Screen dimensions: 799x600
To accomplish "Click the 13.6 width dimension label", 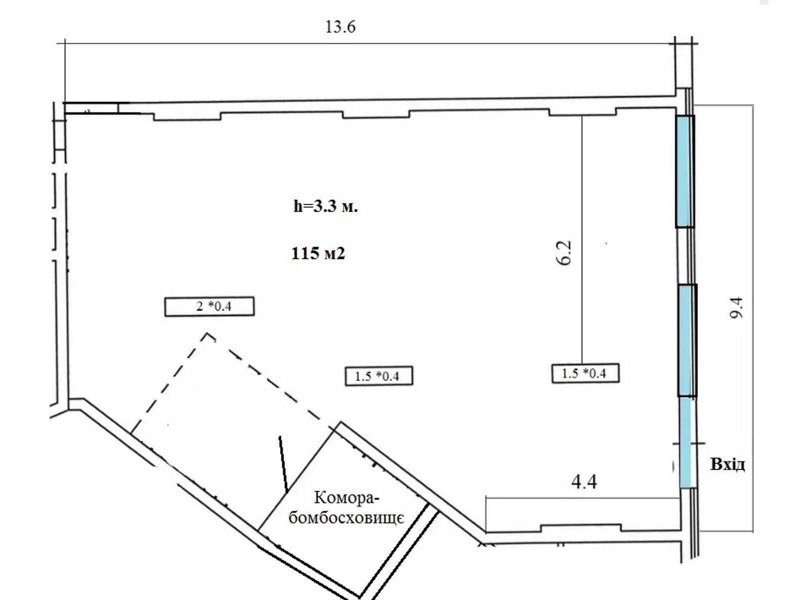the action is (340, 27).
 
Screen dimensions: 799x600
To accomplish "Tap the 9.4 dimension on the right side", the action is (737, 308).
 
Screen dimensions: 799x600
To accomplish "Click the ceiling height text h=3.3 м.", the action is (326, 206).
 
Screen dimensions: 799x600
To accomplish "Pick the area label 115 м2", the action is (318, 253).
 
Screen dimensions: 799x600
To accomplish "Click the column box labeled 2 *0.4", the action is (209, 306).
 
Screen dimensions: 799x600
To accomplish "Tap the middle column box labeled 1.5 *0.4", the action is (379, 376).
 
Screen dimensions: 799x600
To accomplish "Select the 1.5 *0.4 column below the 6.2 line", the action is (585, 373).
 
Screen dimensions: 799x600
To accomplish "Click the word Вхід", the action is (727, 464).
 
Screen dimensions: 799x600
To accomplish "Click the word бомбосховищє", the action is (346, 518).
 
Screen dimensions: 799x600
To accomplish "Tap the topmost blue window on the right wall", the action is (685, 171).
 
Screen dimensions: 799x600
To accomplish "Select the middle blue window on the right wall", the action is (687, 340).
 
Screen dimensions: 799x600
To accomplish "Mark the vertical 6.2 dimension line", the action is (582, 239).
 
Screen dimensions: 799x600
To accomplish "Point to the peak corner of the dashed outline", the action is (208, 333).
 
